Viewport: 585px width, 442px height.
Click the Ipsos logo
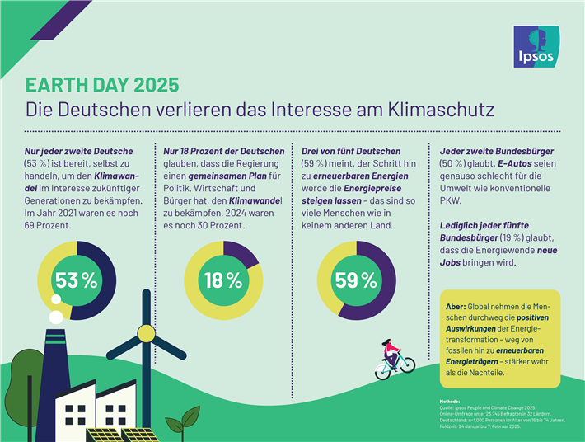pyautogui.click(x=536, y=46)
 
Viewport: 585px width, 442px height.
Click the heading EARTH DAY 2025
pyautogui.click(x=101, y=86)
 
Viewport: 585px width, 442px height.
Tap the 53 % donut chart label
pyautogui.click(x=76, y=280)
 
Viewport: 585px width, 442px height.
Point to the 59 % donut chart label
pyautogui.click(x=356, y=280)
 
